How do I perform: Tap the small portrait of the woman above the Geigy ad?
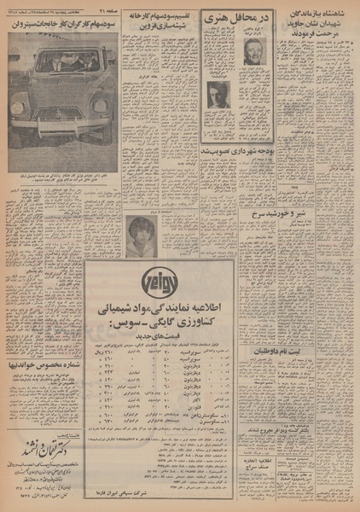(138, 231)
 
